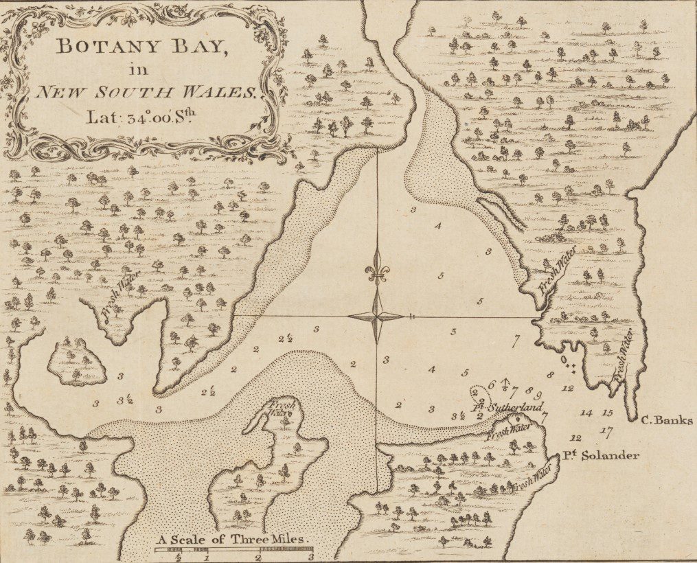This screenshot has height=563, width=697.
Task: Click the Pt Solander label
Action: (x=602, y=455)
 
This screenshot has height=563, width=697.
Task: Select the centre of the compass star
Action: (x=376, y=317)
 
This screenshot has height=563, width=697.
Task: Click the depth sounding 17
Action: (x=605, y=431)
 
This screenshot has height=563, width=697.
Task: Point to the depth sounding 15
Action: (x=606, y=413)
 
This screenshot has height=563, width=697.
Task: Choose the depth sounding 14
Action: (x=586, y=413)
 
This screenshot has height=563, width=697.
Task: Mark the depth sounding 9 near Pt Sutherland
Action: (x=539, y=395)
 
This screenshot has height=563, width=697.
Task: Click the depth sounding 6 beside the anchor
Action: (x=492, y=384)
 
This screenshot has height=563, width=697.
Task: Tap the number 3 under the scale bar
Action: (x=310, y=558)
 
